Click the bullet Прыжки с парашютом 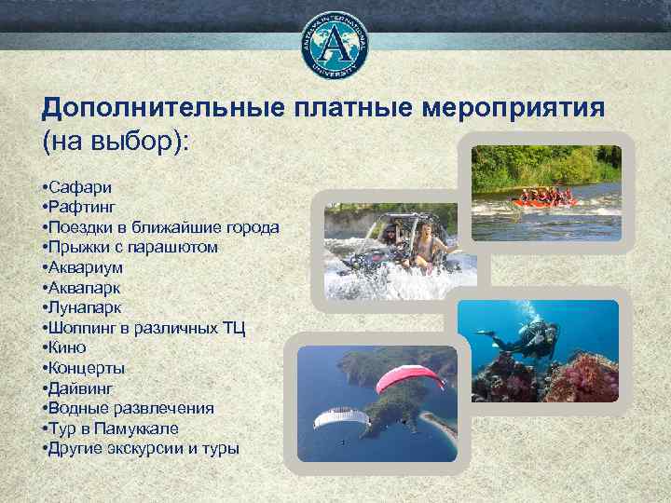point(130,247)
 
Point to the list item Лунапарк point(81,307)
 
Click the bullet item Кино point(66,347)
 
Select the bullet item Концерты point(83,368)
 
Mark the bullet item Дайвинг point(78,387)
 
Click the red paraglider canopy point(408,377)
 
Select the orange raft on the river point(544,198)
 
